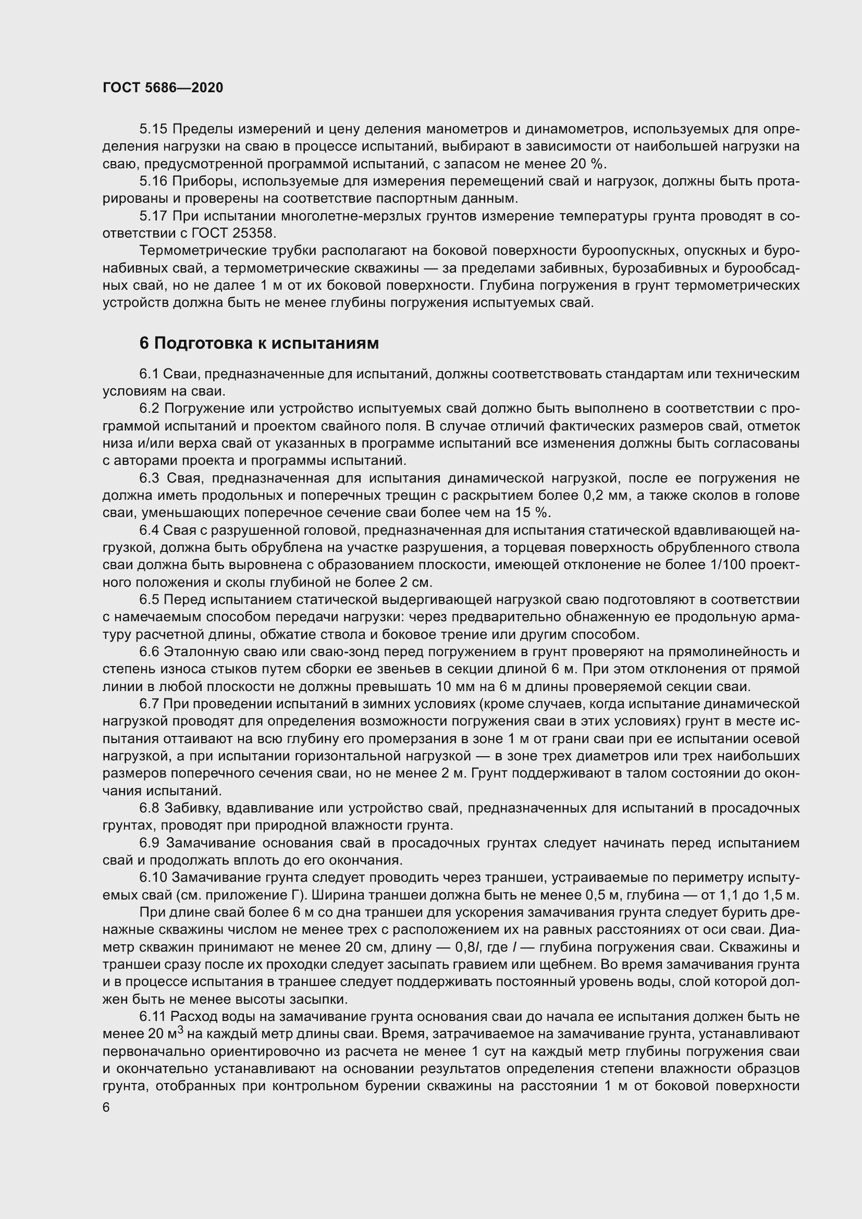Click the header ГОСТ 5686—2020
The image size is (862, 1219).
tap(163, 88)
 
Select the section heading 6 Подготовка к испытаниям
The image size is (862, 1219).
tap(259, 343)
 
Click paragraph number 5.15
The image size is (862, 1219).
tap(153, 129)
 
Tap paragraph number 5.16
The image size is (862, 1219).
tap(153, 181)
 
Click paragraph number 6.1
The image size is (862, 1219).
tap(149, 374)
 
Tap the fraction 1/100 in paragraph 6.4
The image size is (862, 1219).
tap(726, 565)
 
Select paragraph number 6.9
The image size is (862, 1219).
tap(149, 843)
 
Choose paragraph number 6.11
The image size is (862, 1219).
tap(153, 1017)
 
